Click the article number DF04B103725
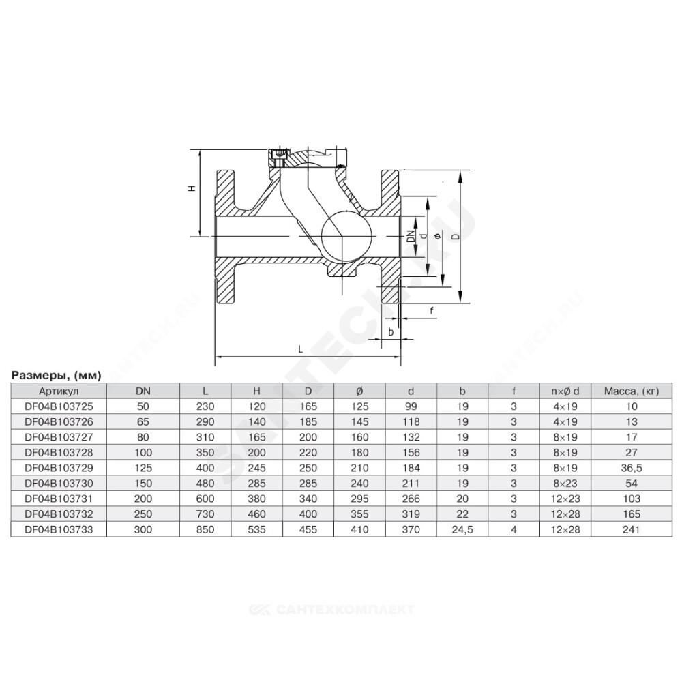[59, 406]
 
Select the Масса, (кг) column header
[632, 391]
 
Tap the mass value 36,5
[632, 468]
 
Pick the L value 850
[205, 529]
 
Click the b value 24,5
[462, 530]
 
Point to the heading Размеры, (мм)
[56, 375]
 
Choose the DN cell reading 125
[143, 468]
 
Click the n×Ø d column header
[565, 391]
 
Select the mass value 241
[632, 529]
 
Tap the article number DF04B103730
[59, 484]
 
